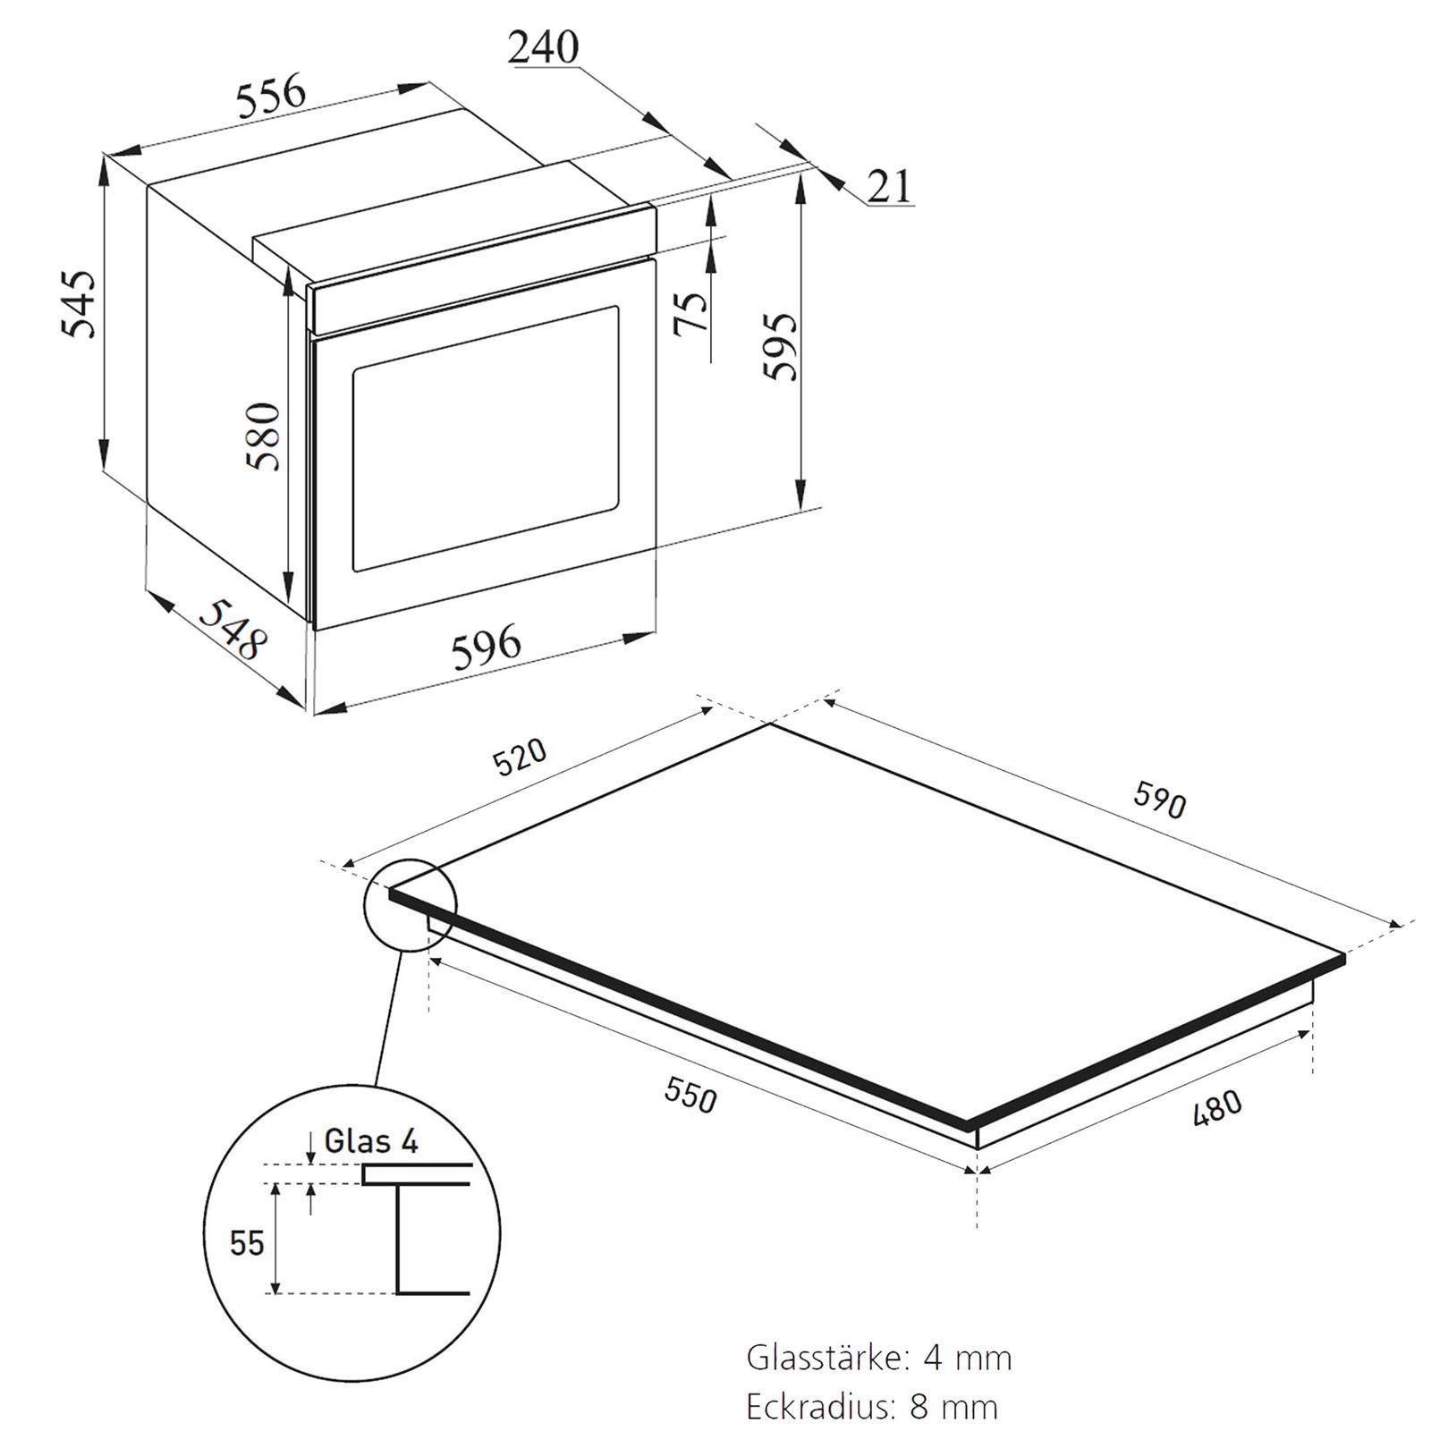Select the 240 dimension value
point(544,47)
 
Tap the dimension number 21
point(890,186)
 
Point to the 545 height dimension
point(78,303)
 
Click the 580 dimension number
point(265,436)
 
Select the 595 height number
point(779,346)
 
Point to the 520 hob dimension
point(520,757)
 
